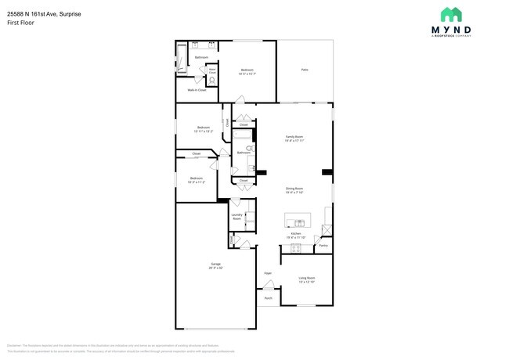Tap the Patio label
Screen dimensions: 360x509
pyautogui.click(x=305, y=70)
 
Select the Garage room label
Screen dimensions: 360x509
pyautogui.click(x=215, y=265)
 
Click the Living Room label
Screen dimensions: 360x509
pyautogui.click(x=306, y=278)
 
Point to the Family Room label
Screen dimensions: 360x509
pyautogui.click(x=294, y=138)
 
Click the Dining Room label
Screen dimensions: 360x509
pyautogui.click(x=294, y=189)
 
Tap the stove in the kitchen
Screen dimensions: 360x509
pyautogui.click(x=296, y=249)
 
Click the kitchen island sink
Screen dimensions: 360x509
pyautogui.click(x=298, y=218)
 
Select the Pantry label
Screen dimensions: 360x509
pyautogui.click(x=323, y=246)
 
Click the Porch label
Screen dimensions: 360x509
pyautogui.click(x=268, y=298)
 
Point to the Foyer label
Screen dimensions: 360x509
pyautogui.click(x=268, y=273)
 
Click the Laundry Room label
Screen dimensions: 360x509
pyautogui.click(x=236, y=218)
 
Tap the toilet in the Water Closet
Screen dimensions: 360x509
pyautogui.click(x=212, y=80)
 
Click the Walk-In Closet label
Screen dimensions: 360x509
pyautogui.click(x=197, y=90)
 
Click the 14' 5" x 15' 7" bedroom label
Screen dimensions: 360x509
pyautogui.click(x=247, y=71)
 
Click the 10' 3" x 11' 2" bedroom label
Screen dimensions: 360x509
pyautogui.click(x=197, y=179)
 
